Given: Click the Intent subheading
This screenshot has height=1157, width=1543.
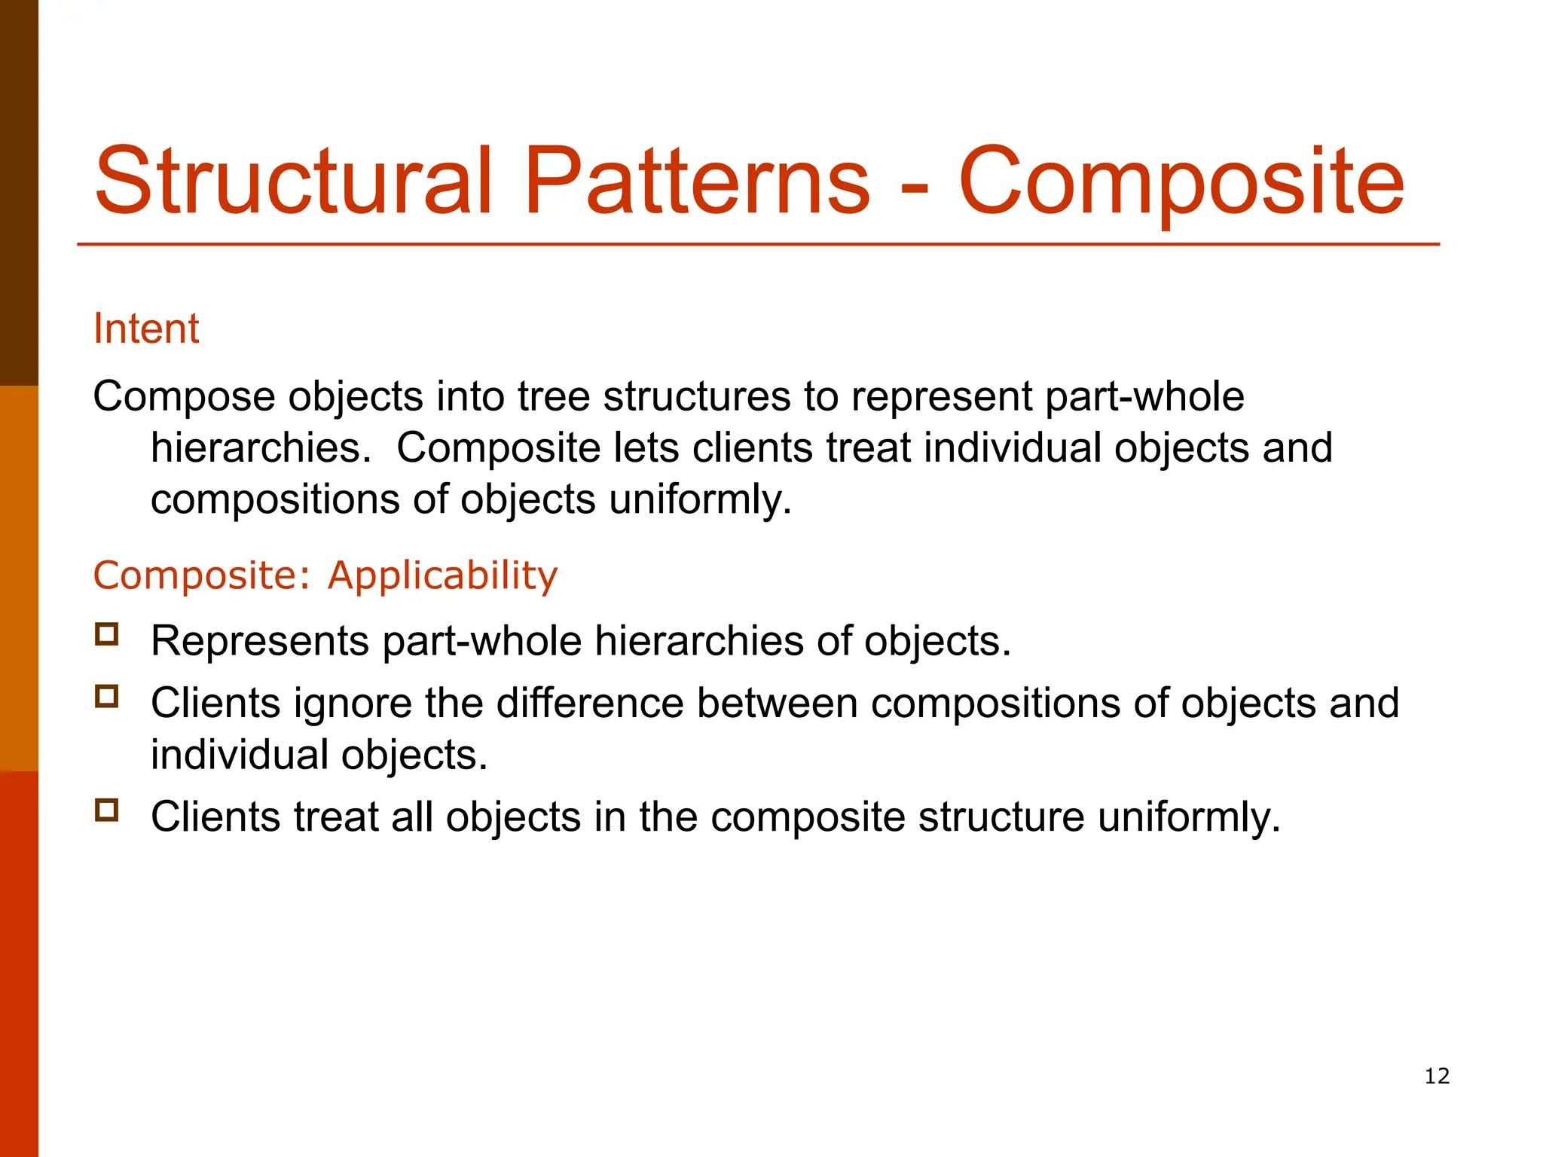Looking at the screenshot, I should click(x=146, y=328).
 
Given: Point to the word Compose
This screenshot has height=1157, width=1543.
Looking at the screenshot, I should click(x=184, y=397).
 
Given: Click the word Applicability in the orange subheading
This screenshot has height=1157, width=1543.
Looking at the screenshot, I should click(x=443, y=575).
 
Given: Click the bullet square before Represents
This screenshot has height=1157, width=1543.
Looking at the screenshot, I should click(x=107, y=634).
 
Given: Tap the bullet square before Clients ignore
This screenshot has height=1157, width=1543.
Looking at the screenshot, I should click(x=107, y=696).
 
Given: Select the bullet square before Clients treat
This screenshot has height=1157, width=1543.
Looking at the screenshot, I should click(x=107, y=811).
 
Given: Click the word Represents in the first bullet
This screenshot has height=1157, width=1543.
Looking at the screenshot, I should click(x=260, y=642).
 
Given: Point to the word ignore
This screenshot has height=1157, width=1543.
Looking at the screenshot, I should click(x=353, y=704).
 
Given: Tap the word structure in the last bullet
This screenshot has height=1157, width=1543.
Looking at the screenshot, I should click(x=1001, y=817).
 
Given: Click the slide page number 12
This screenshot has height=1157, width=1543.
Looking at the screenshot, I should click(x=1437, y=1076).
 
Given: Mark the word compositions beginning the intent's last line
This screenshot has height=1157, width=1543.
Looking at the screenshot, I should click(x=275, y=500).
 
